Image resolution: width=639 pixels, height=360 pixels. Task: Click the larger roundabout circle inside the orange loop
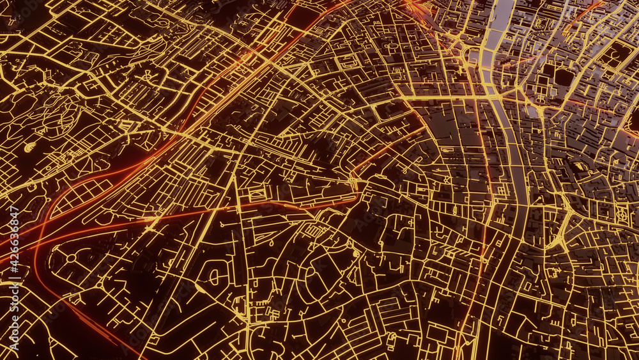point(70,258)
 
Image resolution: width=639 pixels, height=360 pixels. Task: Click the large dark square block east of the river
point(564,77)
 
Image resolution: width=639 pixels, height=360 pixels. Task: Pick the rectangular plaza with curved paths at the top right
point(615,54)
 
